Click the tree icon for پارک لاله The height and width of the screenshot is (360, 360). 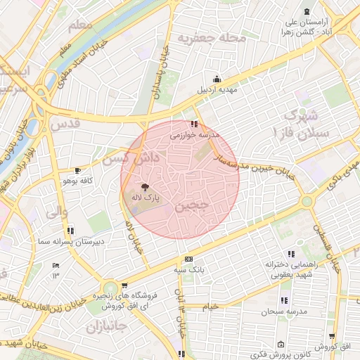[x=145, y=187]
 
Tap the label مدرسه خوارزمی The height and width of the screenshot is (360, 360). [x=195, y=134]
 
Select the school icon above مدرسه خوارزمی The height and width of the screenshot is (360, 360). [x=195, y=124]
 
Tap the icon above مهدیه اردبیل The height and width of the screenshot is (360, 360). [x=217, y=79]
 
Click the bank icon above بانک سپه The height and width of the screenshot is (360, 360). [x=187, y=259]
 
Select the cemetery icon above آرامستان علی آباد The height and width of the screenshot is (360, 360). [x=306, y=11]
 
